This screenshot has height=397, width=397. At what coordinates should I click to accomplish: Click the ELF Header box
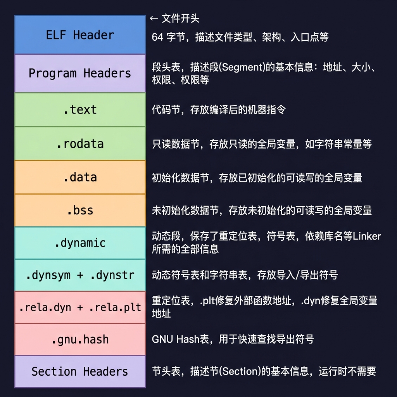tap(80, 35)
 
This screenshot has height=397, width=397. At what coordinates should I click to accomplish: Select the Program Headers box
tap(80, 73)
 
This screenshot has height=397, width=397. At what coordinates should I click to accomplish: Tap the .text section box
tap(80, 110)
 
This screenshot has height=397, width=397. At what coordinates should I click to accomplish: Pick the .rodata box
tap(80, 143)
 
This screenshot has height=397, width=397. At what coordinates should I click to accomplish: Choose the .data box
tap(80, 177)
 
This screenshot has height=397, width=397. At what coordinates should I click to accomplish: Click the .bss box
tap(80, 210)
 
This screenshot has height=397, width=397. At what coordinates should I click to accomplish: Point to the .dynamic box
tap(80, 243)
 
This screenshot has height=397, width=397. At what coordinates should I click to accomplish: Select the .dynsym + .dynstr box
tap(80, 275)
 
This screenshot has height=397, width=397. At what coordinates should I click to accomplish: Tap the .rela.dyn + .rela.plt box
tap(80, 307)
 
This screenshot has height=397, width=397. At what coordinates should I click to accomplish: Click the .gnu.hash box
tap(80, 340)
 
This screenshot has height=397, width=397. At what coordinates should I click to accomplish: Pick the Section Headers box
tap(80, 371)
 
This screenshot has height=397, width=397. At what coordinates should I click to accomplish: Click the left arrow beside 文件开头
tap(154, 18)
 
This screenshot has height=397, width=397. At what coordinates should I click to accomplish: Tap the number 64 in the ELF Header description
tap(157, 37)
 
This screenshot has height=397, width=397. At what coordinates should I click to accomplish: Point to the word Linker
tap(367, 236)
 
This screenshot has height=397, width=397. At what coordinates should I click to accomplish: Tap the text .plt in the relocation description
tap(208, 301)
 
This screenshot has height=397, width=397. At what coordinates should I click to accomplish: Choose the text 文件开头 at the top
tap(180, 18)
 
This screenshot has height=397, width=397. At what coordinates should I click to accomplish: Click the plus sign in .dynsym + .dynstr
tap(80, 275)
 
